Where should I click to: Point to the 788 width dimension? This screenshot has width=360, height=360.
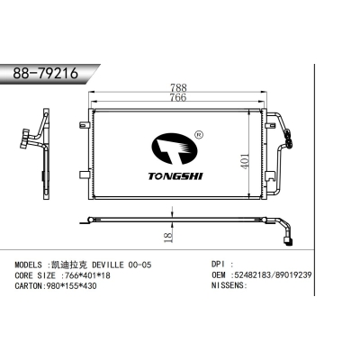[x=181, y=88]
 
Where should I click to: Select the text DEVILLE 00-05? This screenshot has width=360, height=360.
[x=113, y=265]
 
